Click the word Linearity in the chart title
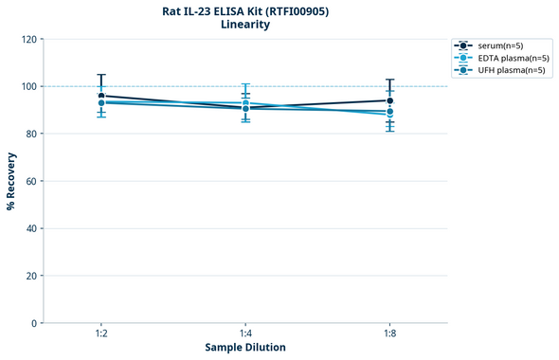[x=245, y=25]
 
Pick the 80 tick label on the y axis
[x=31, y=134]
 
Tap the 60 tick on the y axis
[x=31, y=181]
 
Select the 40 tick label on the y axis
[x=31, y=228]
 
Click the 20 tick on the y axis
[x=31, y=276]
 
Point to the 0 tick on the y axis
[x=34, y=323]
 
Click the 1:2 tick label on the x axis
[x=101, y=334]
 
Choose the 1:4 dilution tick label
[x=245, y=334]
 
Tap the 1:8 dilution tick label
[x=389, y=334]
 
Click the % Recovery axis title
[x=11, y=181]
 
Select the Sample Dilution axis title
[x=245, y=348]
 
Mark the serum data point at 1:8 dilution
[x=389, y=100]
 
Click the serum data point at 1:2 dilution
[x=101, y=96]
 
